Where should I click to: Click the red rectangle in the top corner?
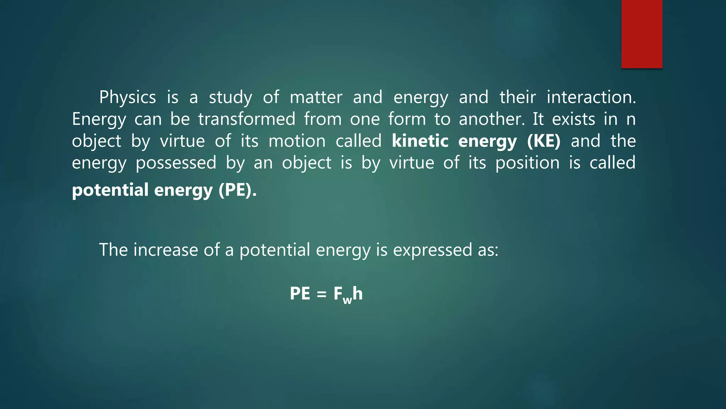point(642,34)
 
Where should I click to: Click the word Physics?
point(127,97)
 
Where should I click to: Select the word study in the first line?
point(230,97)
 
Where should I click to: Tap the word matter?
point(316,97)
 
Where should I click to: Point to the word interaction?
point(591,97)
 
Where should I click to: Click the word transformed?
point(246,119)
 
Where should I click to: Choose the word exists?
point(573,119)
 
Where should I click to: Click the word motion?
point(297,141)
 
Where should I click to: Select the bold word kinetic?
point(420,141)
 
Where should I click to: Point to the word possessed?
point(176,163)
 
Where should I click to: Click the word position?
point(527,163)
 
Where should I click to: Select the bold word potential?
point(110,190)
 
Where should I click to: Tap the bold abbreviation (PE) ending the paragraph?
point(237,190)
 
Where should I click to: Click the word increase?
point(166,250)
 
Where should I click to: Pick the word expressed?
point(432,250)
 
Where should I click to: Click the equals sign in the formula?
point(321,294)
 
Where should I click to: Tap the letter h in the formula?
point(358,293)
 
